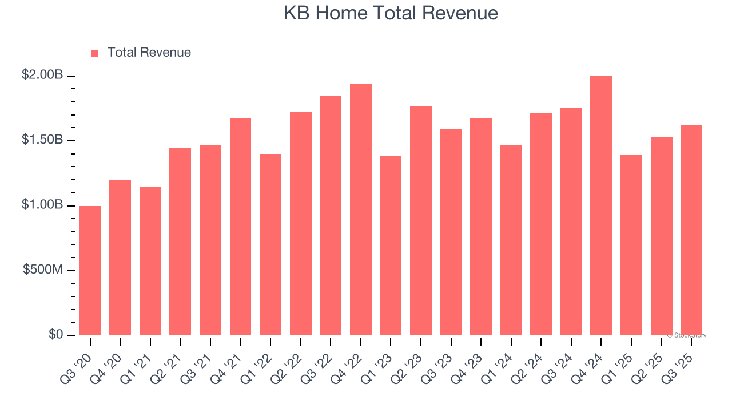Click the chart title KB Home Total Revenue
point(391,13)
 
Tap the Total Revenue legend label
point(149,53)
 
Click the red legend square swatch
point(95,54)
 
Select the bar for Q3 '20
point(90,271)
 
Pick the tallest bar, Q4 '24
point(601,206)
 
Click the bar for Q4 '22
point(361,209)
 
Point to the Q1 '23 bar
point(391,245)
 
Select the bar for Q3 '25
point(691,231)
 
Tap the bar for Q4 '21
point(240,227)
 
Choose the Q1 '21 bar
point(150,261)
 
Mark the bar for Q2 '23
point(421,221)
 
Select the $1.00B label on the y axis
point(42,205)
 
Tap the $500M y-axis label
point(43,270)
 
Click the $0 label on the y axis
point(55,334)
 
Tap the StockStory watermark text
point(687,335)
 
